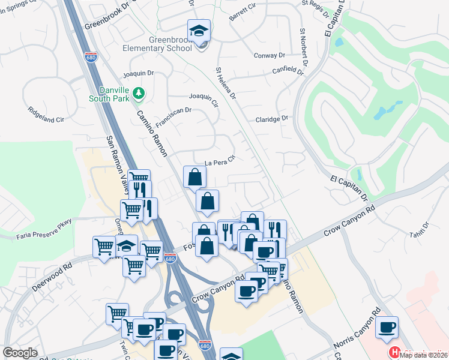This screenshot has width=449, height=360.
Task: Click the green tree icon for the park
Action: coord(139,92)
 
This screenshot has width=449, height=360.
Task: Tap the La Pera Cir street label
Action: coord(218,162)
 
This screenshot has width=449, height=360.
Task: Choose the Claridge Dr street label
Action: coord(272,119)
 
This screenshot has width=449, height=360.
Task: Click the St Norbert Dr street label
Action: coord(304,47)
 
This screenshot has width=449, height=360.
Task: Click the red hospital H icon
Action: coord(394,352)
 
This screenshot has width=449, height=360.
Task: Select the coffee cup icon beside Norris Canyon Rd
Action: coord(388,328)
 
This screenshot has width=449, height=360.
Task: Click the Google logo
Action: coord(20,353)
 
